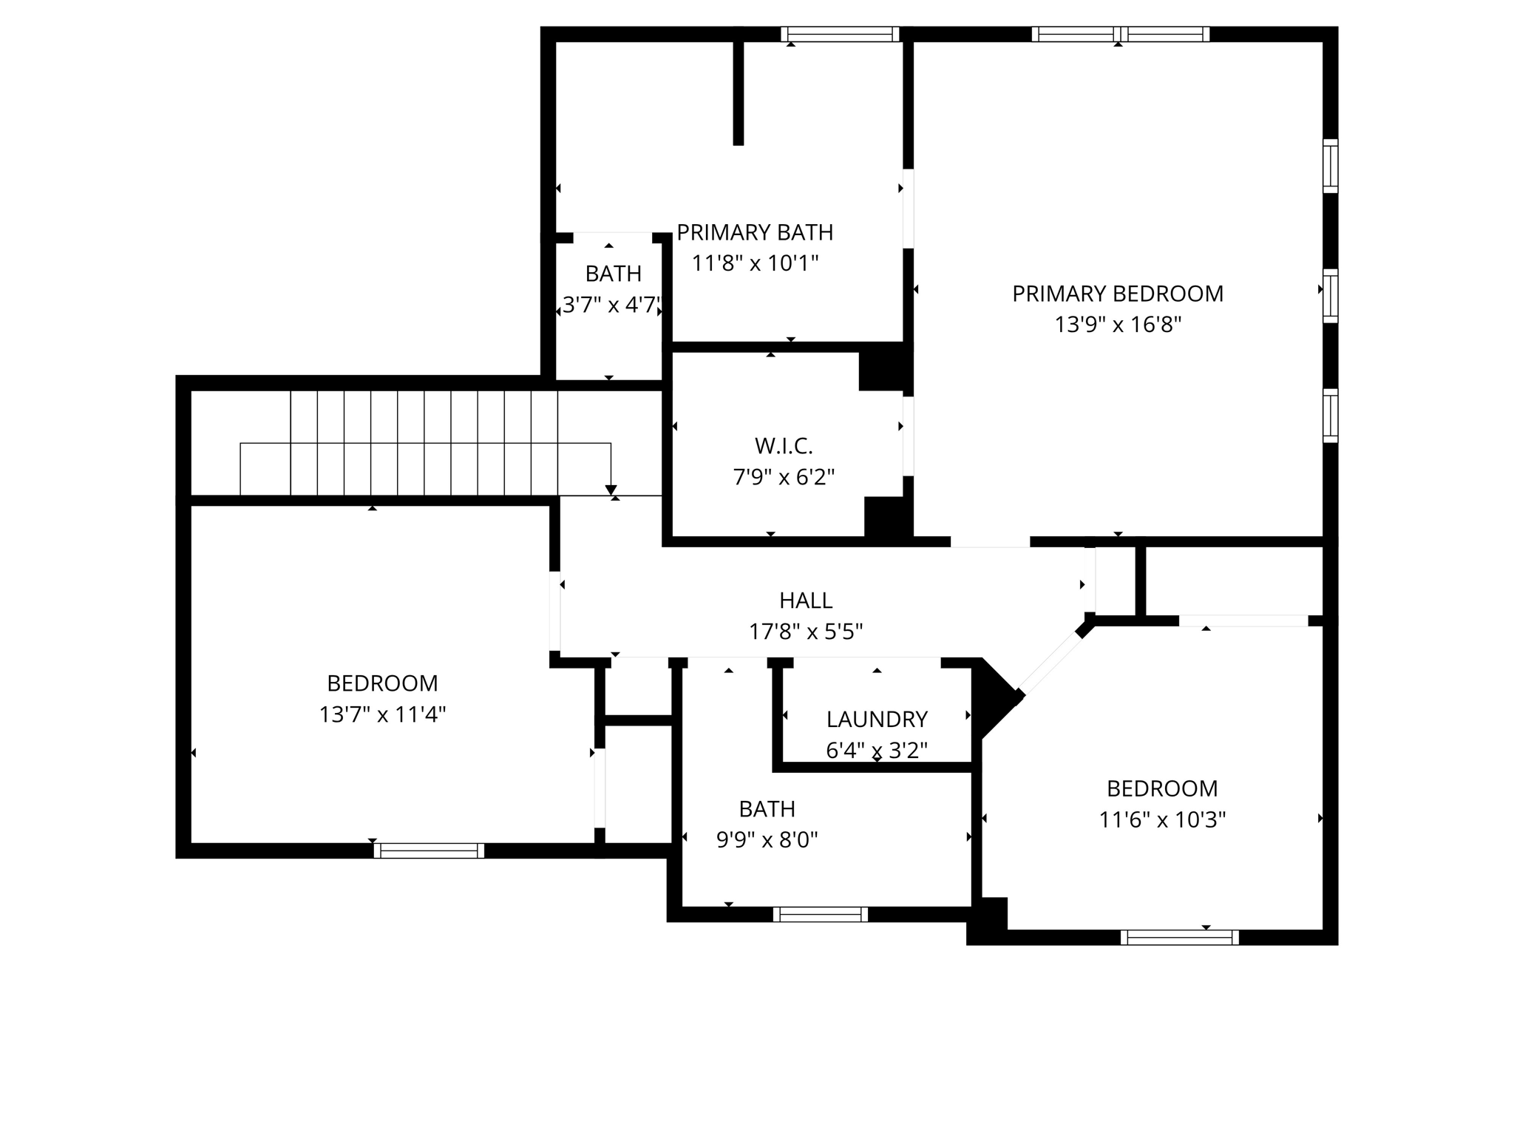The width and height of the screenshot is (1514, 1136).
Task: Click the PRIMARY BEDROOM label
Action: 1117,294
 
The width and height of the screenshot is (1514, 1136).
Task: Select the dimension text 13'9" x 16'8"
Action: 1117,325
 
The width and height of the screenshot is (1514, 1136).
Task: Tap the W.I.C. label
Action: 784,446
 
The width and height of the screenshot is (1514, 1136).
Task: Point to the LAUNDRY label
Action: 876,719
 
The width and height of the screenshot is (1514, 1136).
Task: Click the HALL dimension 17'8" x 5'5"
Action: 806,632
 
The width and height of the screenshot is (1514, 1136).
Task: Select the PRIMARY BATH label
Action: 754,232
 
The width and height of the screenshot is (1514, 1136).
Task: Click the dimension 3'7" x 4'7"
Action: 611,305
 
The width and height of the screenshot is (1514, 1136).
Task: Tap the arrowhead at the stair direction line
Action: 611,490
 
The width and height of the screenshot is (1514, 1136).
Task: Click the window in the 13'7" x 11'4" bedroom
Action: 429,851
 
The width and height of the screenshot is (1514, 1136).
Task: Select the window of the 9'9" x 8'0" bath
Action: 820,914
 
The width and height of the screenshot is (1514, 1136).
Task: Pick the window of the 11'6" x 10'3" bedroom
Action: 1179,938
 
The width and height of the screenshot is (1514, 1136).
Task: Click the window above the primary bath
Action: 840,34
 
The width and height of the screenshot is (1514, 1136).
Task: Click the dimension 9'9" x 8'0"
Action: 767,840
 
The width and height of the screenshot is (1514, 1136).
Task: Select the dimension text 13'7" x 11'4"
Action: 382,714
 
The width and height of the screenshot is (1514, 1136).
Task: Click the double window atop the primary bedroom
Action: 1120,34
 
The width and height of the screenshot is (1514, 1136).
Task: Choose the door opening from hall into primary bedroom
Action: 990,542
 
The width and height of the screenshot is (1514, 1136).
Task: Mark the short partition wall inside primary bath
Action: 738,92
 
